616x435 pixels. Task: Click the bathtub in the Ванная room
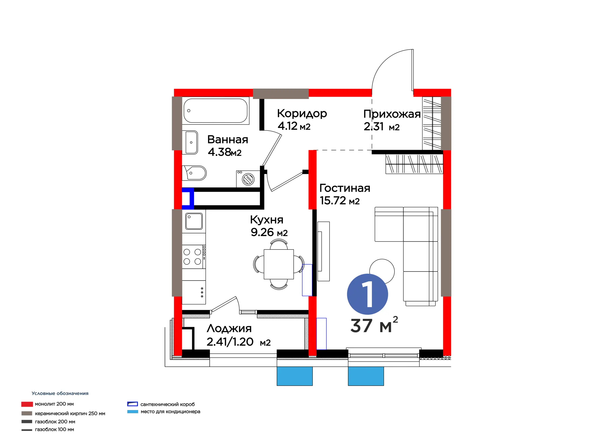215,111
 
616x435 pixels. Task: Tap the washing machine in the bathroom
248,179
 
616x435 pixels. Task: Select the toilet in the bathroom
194,173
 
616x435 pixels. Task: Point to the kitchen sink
194,221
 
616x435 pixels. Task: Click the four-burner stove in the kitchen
194,256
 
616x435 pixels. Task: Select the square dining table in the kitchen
279,264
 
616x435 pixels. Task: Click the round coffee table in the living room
382,270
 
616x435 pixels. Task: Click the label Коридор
302,114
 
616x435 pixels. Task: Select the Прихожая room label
392,114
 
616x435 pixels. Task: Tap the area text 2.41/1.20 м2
238,342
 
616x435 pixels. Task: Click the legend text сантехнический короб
167,404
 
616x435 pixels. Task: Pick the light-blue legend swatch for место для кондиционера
133,411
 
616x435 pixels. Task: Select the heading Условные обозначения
60,393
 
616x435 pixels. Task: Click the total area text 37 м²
374,325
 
